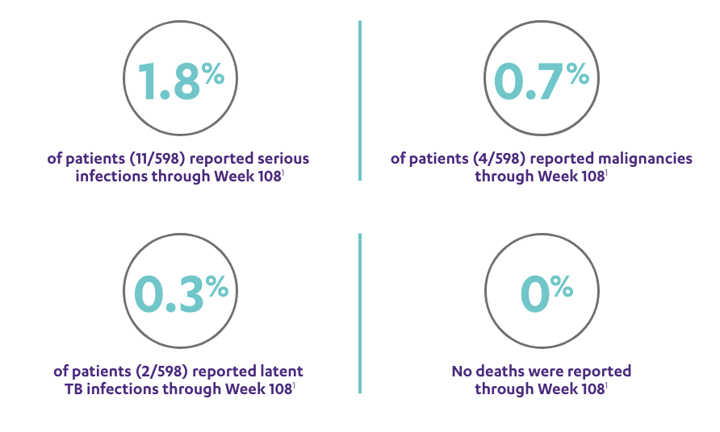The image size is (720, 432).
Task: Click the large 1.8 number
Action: click(x=168, y=81)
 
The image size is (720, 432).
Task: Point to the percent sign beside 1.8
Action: click(x=213, y=76)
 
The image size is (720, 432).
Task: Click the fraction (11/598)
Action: click(x=144, y=159)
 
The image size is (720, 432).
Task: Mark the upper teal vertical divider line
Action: click(x=360, y=101)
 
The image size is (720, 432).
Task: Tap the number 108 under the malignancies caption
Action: click(x=592, y=176)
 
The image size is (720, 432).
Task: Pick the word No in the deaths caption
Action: click(x=463, y=372)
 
